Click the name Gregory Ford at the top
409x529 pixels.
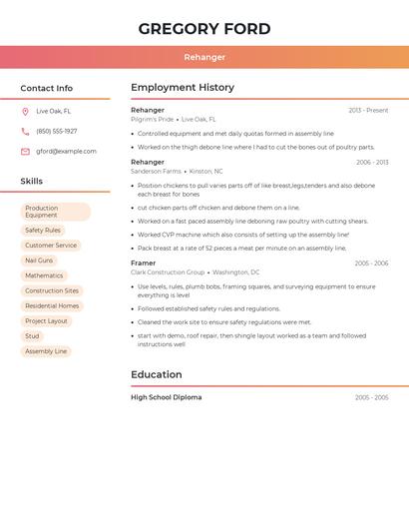coord(204,29)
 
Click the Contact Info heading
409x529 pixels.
coord(46,88)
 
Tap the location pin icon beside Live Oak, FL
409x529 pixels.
coord(25,111)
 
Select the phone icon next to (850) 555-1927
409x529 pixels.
coord(25,131)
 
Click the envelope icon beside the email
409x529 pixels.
coord(25,152)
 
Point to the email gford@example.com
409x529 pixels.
coord(66,152)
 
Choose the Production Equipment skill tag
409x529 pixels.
coord(55,212)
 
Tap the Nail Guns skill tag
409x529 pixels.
coord(39,261)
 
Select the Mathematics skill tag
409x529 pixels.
coord(44,275)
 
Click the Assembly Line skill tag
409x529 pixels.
coord(46,351)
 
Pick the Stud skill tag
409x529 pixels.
coord(33,336)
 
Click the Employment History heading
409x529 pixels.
coord(183,88)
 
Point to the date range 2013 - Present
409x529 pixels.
coord(368,111)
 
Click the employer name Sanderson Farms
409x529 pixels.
coord(156,171)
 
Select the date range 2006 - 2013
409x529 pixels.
coord(372,162)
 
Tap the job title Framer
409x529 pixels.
coord(145,263)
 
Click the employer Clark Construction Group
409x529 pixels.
coord(168,271)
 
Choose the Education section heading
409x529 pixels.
coord(157,375)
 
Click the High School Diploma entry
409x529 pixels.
coord(167,397)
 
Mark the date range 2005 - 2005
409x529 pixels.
coord(371,397)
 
